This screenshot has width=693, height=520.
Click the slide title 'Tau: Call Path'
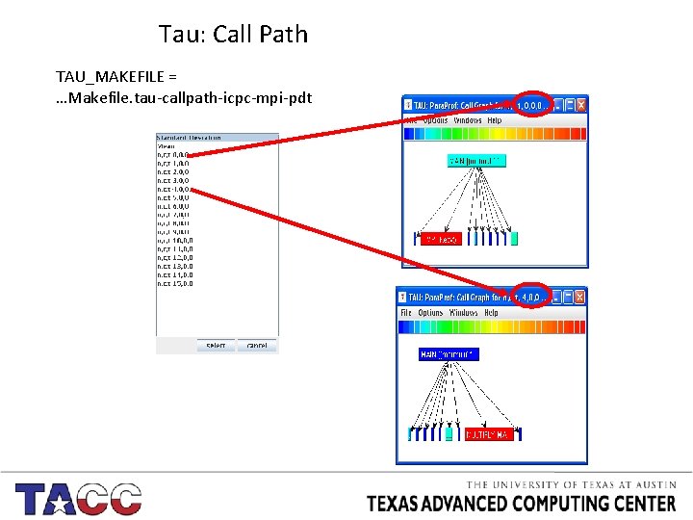(x=234, y=35)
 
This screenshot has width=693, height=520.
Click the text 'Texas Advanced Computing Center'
(x=522, y=503)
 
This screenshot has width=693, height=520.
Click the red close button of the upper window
(x=580, y=104)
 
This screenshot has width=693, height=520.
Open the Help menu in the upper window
(x=494, y=120)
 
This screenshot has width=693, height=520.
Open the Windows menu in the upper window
(x=468, y=120)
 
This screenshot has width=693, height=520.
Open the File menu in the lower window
(x=406, y=313)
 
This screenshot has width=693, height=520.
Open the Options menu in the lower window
(x=430, y=313)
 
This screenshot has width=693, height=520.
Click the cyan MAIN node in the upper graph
(x=476, y=160)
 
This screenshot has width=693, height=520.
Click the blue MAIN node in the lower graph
(x=449, y=354)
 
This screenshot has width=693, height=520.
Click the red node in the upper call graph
(x=441, y=238)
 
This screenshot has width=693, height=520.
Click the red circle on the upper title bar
(x=532, y=104)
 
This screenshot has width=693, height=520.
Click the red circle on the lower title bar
(x=530, y=296)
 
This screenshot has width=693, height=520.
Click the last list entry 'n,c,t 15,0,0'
(x=174, y=283)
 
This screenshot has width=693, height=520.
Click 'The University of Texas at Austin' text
(x=572, y=485)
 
